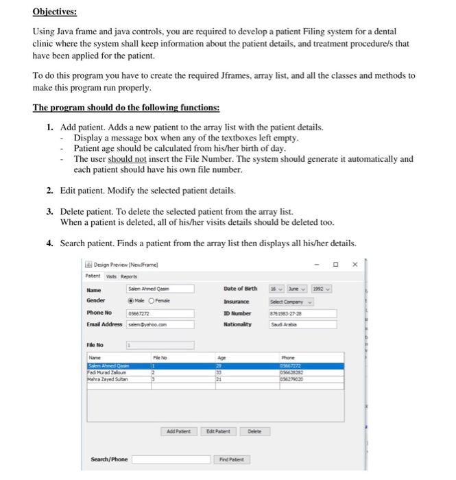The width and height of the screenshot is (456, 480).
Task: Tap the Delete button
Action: tap(255, 431)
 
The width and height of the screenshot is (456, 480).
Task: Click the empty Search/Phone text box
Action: tap(163, 459)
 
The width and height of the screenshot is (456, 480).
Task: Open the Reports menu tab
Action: tap(129, 276)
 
